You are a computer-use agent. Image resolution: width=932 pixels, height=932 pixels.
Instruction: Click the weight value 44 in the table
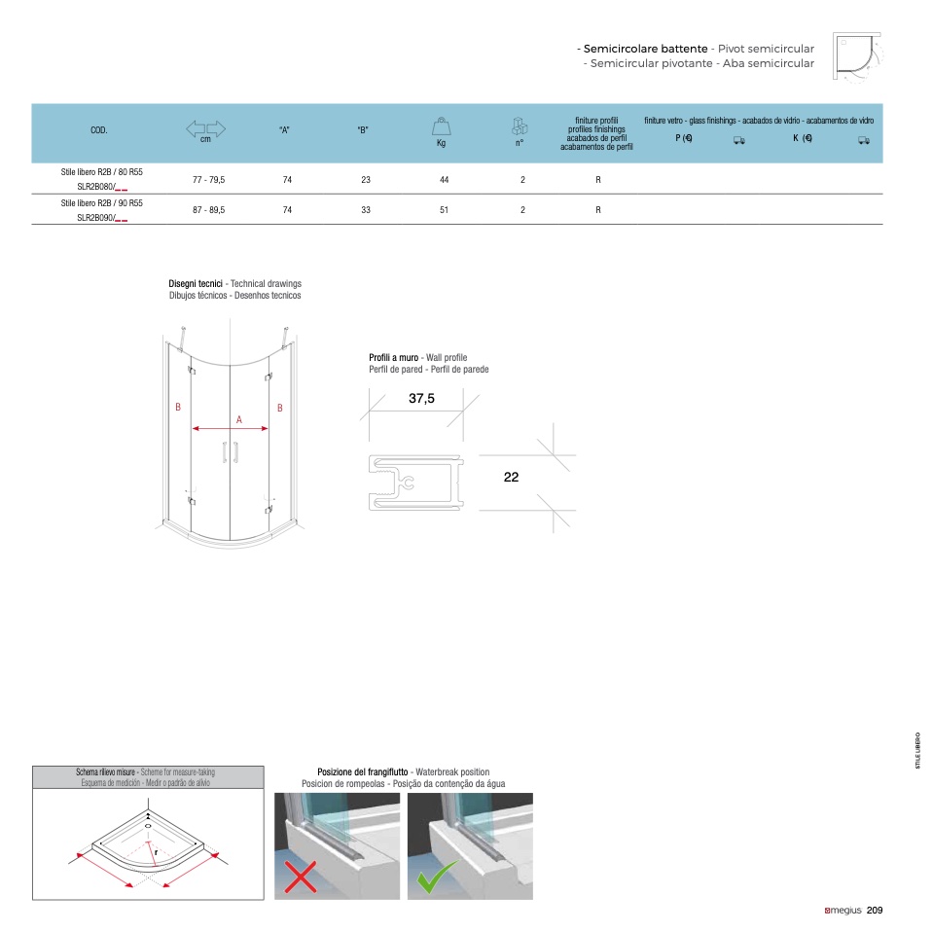coord(444,180)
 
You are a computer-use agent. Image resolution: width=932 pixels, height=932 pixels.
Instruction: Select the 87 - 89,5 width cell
coord(208,210)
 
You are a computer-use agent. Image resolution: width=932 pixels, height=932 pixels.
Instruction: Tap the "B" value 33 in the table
coord(366,210)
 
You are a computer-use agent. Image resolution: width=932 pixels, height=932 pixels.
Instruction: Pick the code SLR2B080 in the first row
coord(95,187)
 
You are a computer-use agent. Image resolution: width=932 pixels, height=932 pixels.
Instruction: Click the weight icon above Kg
coord(441,126)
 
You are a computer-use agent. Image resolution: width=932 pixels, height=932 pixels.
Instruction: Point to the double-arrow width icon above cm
coord(205,128)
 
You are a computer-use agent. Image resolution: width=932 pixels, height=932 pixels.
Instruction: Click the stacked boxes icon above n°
coord(520,126)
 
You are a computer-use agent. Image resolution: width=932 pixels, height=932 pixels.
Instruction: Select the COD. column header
coord(98,130)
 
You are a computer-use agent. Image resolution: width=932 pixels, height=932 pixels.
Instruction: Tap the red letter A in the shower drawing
coord(239,419)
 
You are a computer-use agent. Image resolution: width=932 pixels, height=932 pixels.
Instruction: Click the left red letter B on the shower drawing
coord(178,408)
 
